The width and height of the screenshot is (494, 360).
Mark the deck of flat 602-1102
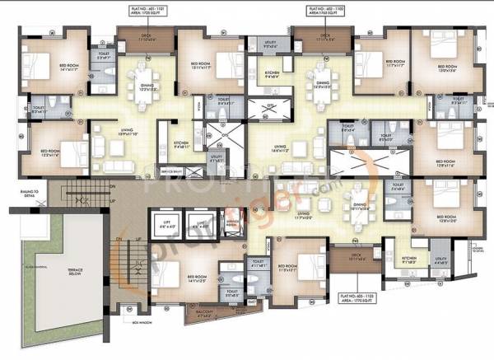[324, 38]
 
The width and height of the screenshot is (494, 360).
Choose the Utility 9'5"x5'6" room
[271, 46]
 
